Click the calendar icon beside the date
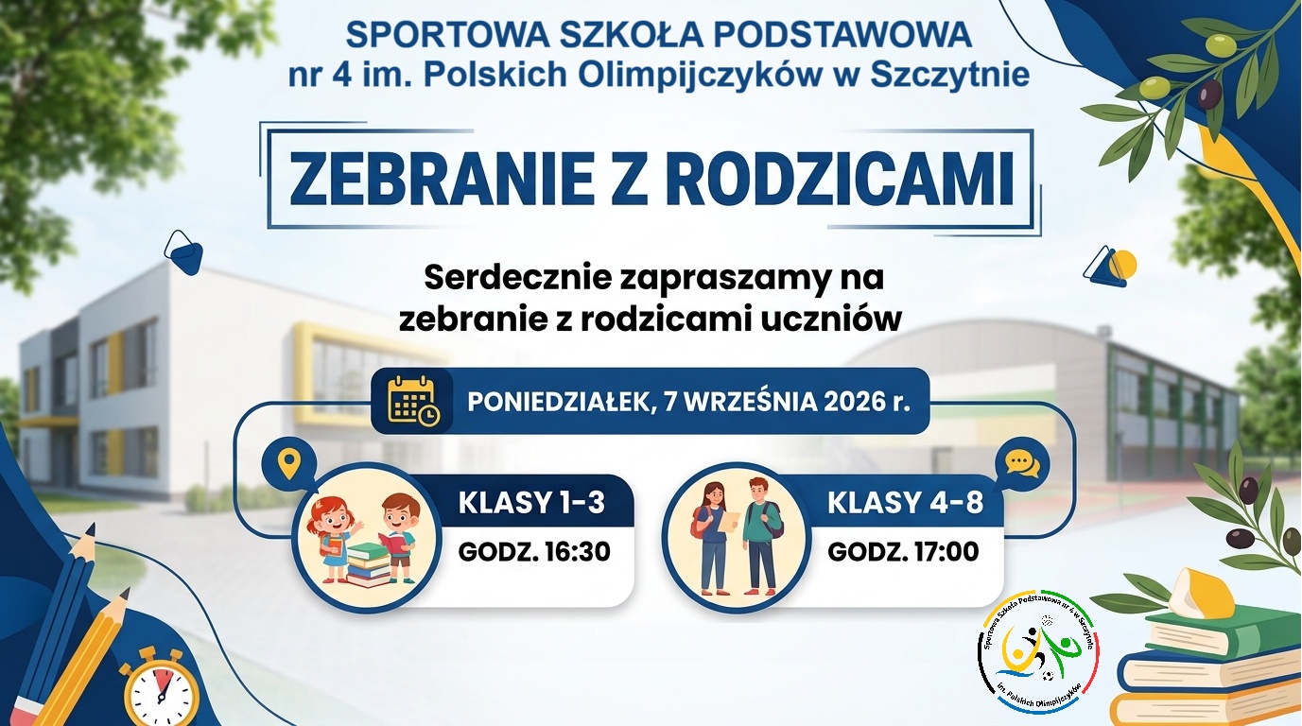click(413, 401)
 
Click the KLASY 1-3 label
click(531, 503)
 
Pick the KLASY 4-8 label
click(905, 503)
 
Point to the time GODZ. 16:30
click(533, 552)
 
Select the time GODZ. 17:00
click(903, 552)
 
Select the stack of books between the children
click(369, 564)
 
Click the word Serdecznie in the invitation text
click(518, 278)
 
